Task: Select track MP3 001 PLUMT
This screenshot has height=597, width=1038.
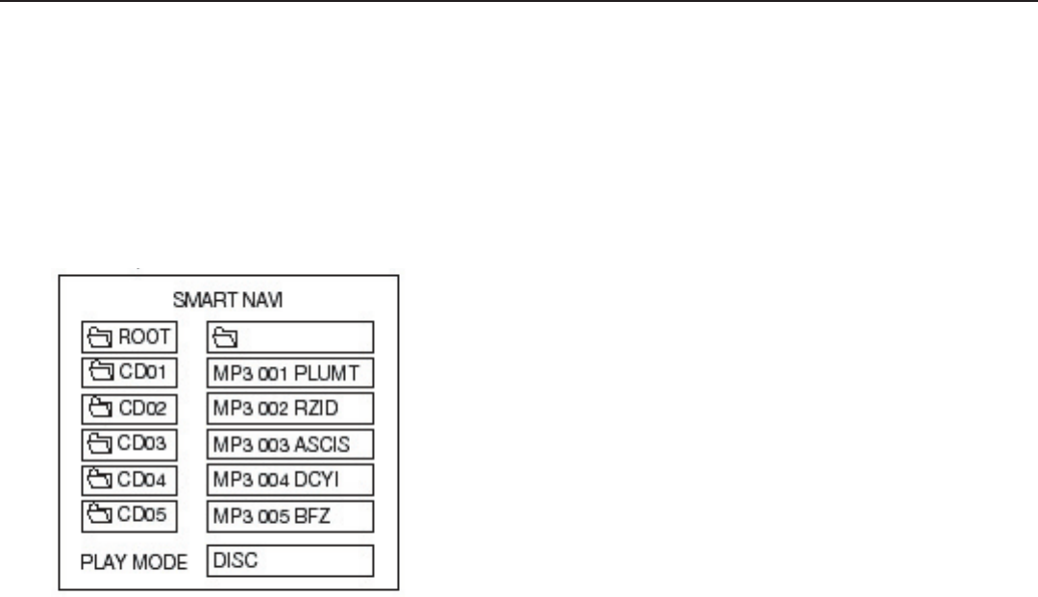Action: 289,373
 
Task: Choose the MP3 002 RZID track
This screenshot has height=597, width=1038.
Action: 289,409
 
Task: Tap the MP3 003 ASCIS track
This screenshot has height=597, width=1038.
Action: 289,444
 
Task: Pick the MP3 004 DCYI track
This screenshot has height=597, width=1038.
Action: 289,480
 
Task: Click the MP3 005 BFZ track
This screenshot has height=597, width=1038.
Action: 289,515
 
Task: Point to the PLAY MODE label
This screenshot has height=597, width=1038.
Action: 134,561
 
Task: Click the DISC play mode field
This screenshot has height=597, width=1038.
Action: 289,560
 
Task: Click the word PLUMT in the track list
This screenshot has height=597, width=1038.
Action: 333,373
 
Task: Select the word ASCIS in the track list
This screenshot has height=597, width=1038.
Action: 323,444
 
